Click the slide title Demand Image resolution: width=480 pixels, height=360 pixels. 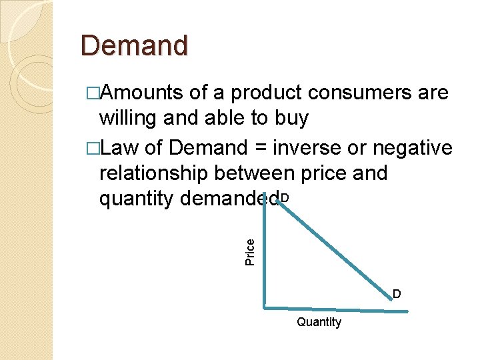pyautogui.click(x=135, y=45)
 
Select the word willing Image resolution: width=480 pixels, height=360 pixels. pyautogui.click(x=126, y=119)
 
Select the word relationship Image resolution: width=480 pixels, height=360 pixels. pyautogui.click(x=152, y=173)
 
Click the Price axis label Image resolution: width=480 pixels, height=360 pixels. pyautogui.click(x=250, y=252)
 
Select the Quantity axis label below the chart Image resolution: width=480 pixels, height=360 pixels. pyautogui.click(x=319, y=323)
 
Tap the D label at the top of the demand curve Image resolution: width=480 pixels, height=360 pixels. pyautogui.click(x=285, y=198)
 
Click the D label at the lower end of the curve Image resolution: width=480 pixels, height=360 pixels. pyautogui.click(x=396, y=294)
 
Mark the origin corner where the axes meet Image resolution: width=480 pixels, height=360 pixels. pyautogui.click(x=265, y=307)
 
